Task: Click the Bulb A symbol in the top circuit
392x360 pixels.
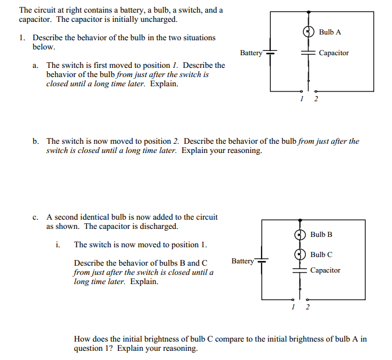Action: click(309, 32)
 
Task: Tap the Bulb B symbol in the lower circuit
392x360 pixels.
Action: click(299, 235)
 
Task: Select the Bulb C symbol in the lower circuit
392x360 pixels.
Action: click(299, 254)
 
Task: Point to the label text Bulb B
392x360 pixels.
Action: click(321, 235)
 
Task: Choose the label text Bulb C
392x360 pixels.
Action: click(321, 254)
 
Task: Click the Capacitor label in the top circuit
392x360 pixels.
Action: click(333, 53)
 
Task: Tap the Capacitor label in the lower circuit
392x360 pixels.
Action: click(325, 270)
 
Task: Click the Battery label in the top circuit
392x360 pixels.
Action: click(251, 53)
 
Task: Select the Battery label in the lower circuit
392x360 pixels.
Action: click(243, 261)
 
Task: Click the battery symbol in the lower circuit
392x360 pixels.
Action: click(262, 262)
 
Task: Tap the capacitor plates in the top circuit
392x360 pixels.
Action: click(309, 53)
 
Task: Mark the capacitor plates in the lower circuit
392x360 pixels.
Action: click(299, 270)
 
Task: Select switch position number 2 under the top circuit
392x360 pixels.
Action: click(315, 98)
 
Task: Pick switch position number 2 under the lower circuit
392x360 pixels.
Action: click(306, 307)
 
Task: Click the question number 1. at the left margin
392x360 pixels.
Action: click(21, 38)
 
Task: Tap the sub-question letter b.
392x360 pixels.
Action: click(36, 141)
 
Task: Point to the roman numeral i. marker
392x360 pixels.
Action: click(58, 244)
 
